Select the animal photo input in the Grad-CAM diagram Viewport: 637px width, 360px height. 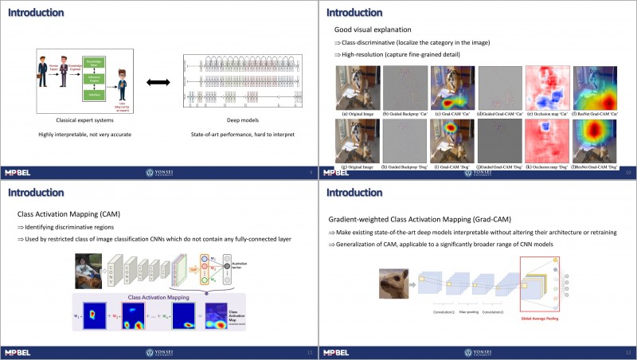[397, 282]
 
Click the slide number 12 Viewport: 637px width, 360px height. [627, 351]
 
